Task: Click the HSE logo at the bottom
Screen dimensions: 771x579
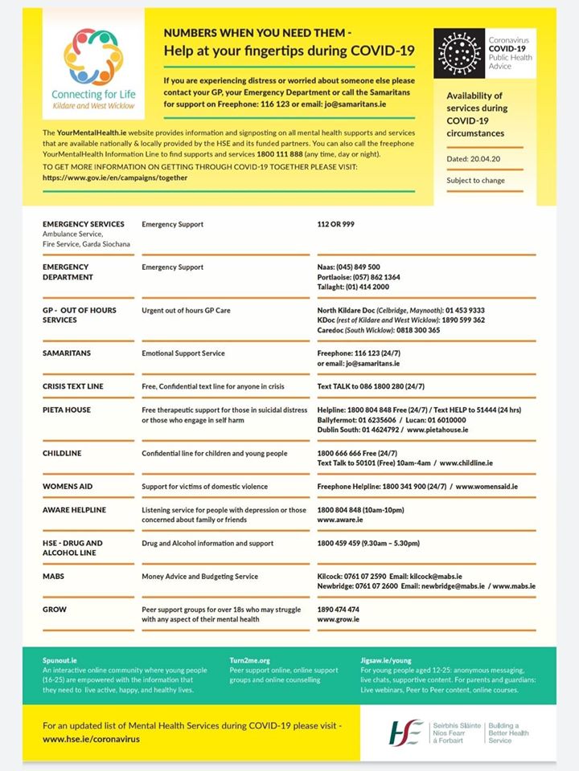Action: point(406,730)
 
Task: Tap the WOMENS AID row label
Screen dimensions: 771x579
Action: point(71,487)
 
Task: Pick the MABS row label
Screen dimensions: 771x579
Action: point(54,577)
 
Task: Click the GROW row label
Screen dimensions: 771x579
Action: point(55,610)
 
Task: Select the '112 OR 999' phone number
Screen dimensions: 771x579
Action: point(335,224)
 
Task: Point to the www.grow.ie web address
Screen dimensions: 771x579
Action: point(339,620)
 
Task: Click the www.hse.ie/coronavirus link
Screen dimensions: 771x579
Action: point(85,739)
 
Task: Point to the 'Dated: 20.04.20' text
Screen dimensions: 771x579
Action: point(474,159)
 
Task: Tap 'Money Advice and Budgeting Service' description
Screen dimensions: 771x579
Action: point(199,577)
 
